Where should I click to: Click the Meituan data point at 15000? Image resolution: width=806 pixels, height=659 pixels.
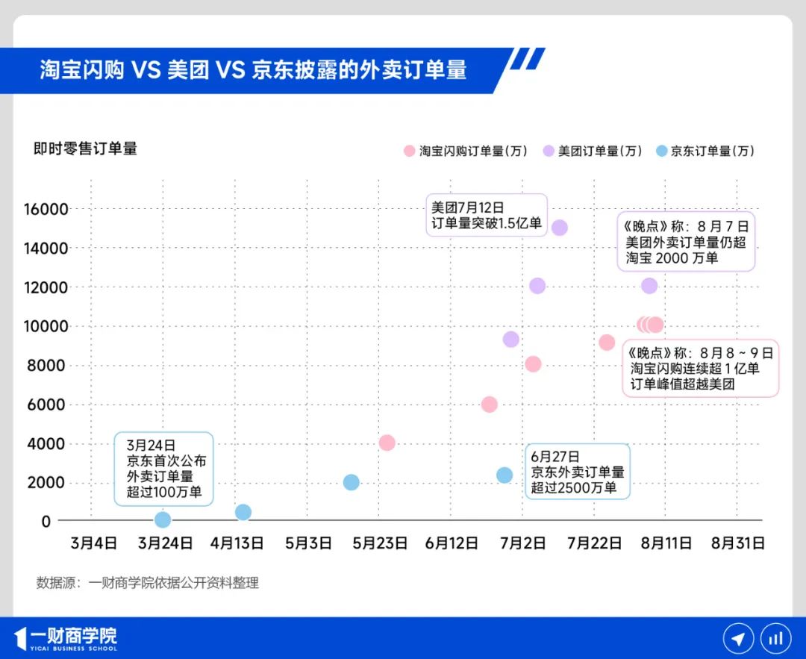(x=559, y=228)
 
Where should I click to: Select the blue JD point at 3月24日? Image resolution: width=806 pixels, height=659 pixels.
(x=163, y=519)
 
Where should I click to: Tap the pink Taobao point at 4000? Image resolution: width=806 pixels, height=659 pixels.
(x=387, y=443)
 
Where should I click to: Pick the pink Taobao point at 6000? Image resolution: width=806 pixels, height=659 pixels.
(x=490, y=405)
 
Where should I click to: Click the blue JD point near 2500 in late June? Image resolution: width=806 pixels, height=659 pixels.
(x=504, y=475)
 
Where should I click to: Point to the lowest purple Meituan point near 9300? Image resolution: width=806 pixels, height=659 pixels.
(x=510, y=340)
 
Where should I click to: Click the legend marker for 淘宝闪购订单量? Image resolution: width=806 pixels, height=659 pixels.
(x=409, y=151)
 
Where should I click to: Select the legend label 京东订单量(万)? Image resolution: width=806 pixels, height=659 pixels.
(x=713, y=151)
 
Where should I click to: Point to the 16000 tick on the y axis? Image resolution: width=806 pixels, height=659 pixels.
(x=46, y=209)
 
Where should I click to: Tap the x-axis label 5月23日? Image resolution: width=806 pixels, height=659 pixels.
(x=380, y=543)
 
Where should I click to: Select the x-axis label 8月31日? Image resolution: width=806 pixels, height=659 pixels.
(x=737, y=543)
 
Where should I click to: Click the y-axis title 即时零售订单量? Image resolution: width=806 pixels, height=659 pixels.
(x=85, y=149)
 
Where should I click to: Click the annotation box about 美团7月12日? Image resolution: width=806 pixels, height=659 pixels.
(x=487, y=215)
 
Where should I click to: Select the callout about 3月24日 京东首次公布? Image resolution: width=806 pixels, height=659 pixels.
(x=163, y=467)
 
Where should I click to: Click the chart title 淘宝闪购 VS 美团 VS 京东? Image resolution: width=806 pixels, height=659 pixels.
(x=253, y=70)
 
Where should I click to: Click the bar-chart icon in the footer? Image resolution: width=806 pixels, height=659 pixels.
(x=775, y=639)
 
